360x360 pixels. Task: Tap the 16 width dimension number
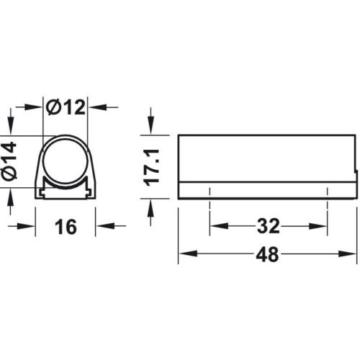click(x=65, y=228)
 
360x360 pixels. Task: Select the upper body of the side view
click(x=267, y=158)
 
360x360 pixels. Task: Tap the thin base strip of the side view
click(x=267, y=190)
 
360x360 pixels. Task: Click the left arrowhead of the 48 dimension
click(x=184, y=255)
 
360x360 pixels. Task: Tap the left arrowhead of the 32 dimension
click(x=215, y=228)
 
